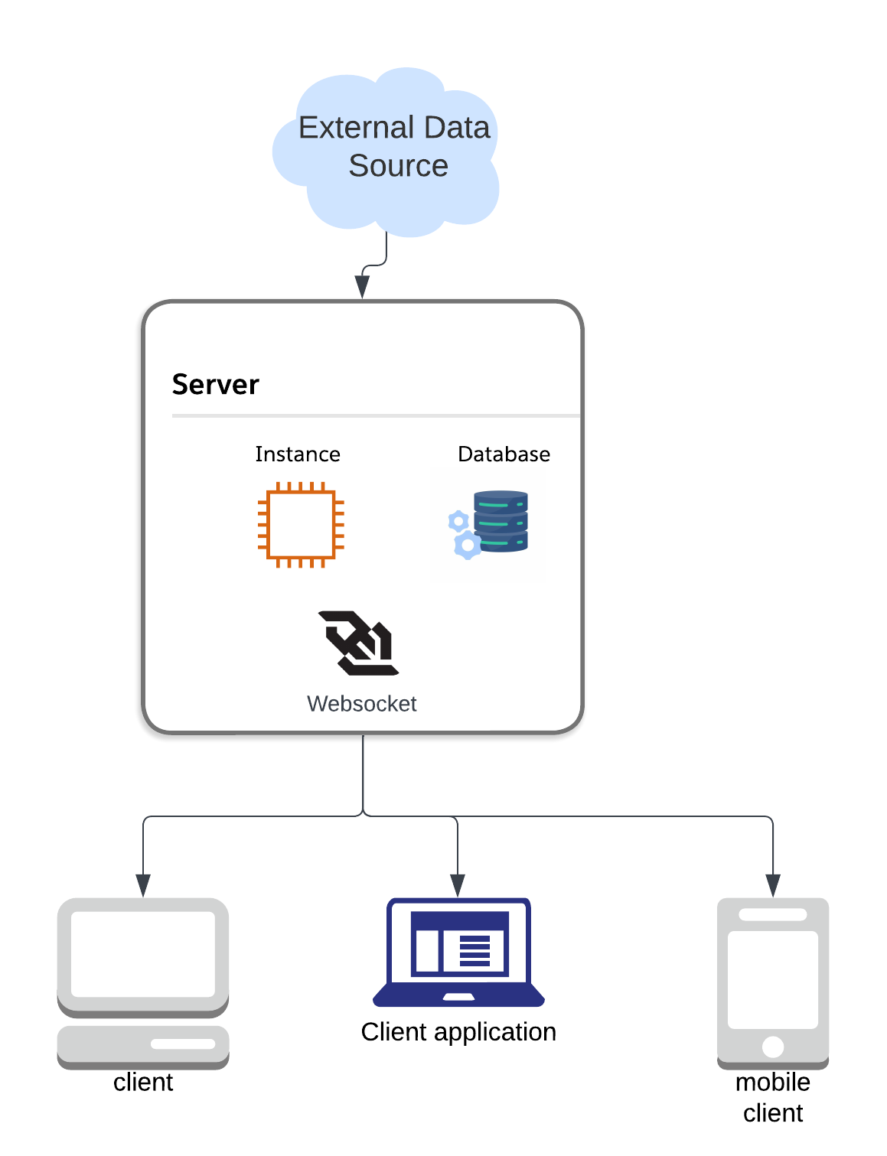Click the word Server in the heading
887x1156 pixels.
(x=215, y=384)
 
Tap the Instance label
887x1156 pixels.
(x=298, y=454)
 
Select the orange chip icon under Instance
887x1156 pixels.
(x=301, y=525)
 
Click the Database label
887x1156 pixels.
(x=504, y=454)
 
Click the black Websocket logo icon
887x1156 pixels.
(x=358, y=643)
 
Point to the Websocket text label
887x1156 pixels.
(x=361, y=704)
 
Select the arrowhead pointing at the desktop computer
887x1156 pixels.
(x=143, y=885)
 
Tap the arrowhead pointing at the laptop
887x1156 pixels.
(x=458, y=885)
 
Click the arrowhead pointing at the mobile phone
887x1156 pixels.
(x=773, y=885)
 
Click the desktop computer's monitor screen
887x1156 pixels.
(x=143, y=953)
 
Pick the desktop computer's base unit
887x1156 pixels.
(x=143, y=1045)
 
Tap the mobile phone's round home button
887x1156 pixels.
(x=773, y=1047)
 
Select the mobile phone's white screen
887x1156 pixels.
(x=773, y=979)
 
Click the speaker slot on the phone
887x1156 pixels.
(x=773, y=914)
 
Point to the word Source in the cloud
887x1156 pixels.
(x=398, y=166)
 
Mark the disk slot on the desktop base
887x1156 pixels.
(x=183, y=1044)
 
